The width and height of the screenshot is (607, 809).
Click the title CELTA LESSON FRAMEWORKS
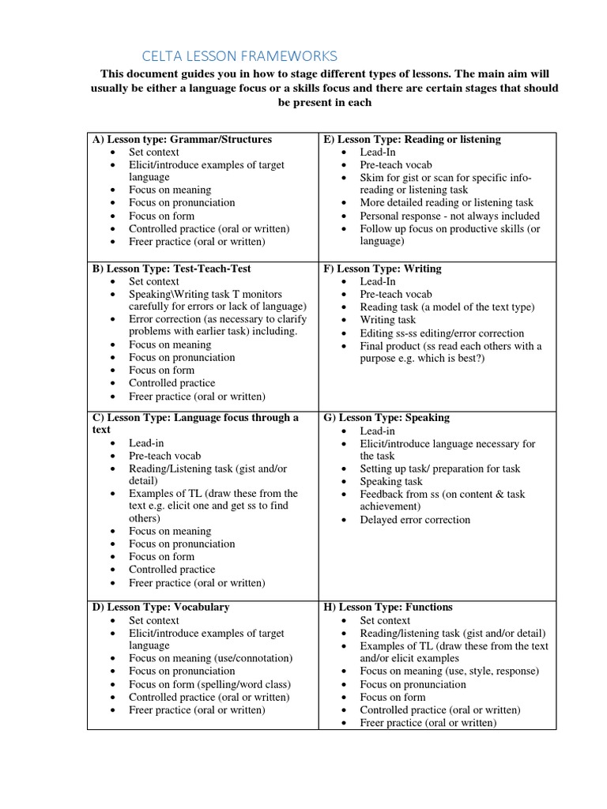click(x=239, y=55)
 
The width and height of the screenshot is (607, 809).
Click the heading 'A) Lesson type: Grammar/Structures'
click(x=182, y=139)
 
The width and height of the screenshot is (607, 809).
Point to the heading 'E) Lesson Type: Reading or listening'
click(x=412, y=139)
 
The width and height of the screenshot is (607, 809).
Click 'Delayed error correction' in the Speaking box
click(x=415, y=520)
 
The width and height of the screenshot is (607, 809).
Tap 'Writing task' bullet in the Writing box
click(x=387, y=320)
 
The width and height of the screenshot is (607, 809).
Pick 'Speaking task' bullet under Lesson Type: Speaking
click(x=391, y=481)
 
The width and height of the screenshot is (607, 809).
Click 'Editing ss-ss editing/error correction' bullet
click(x=442, y=333)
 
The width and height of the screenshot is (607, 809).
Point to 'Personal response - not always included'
click(x=450, y=216)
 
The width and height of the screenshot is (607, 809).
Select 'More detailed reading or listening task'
click(x=447, y=202)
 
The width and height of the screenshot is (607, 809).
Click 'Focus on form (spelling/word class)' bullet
click(x=210, y=684)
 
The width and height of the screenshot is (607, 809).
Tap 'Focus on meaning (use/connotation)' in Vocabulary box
click(x=211, y=658)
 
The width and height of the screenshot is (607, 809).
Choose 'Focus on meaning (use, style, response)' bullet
click(x=449, y=671)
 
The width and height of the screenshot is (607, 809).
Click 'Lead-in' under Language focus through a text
click(x=147, y=443)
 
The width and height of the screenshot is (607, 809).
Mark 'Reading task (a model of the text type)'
click(x=447, y=307)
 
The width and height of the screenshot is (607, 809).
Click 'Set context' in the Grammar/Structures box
click(x=154, y=152)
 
